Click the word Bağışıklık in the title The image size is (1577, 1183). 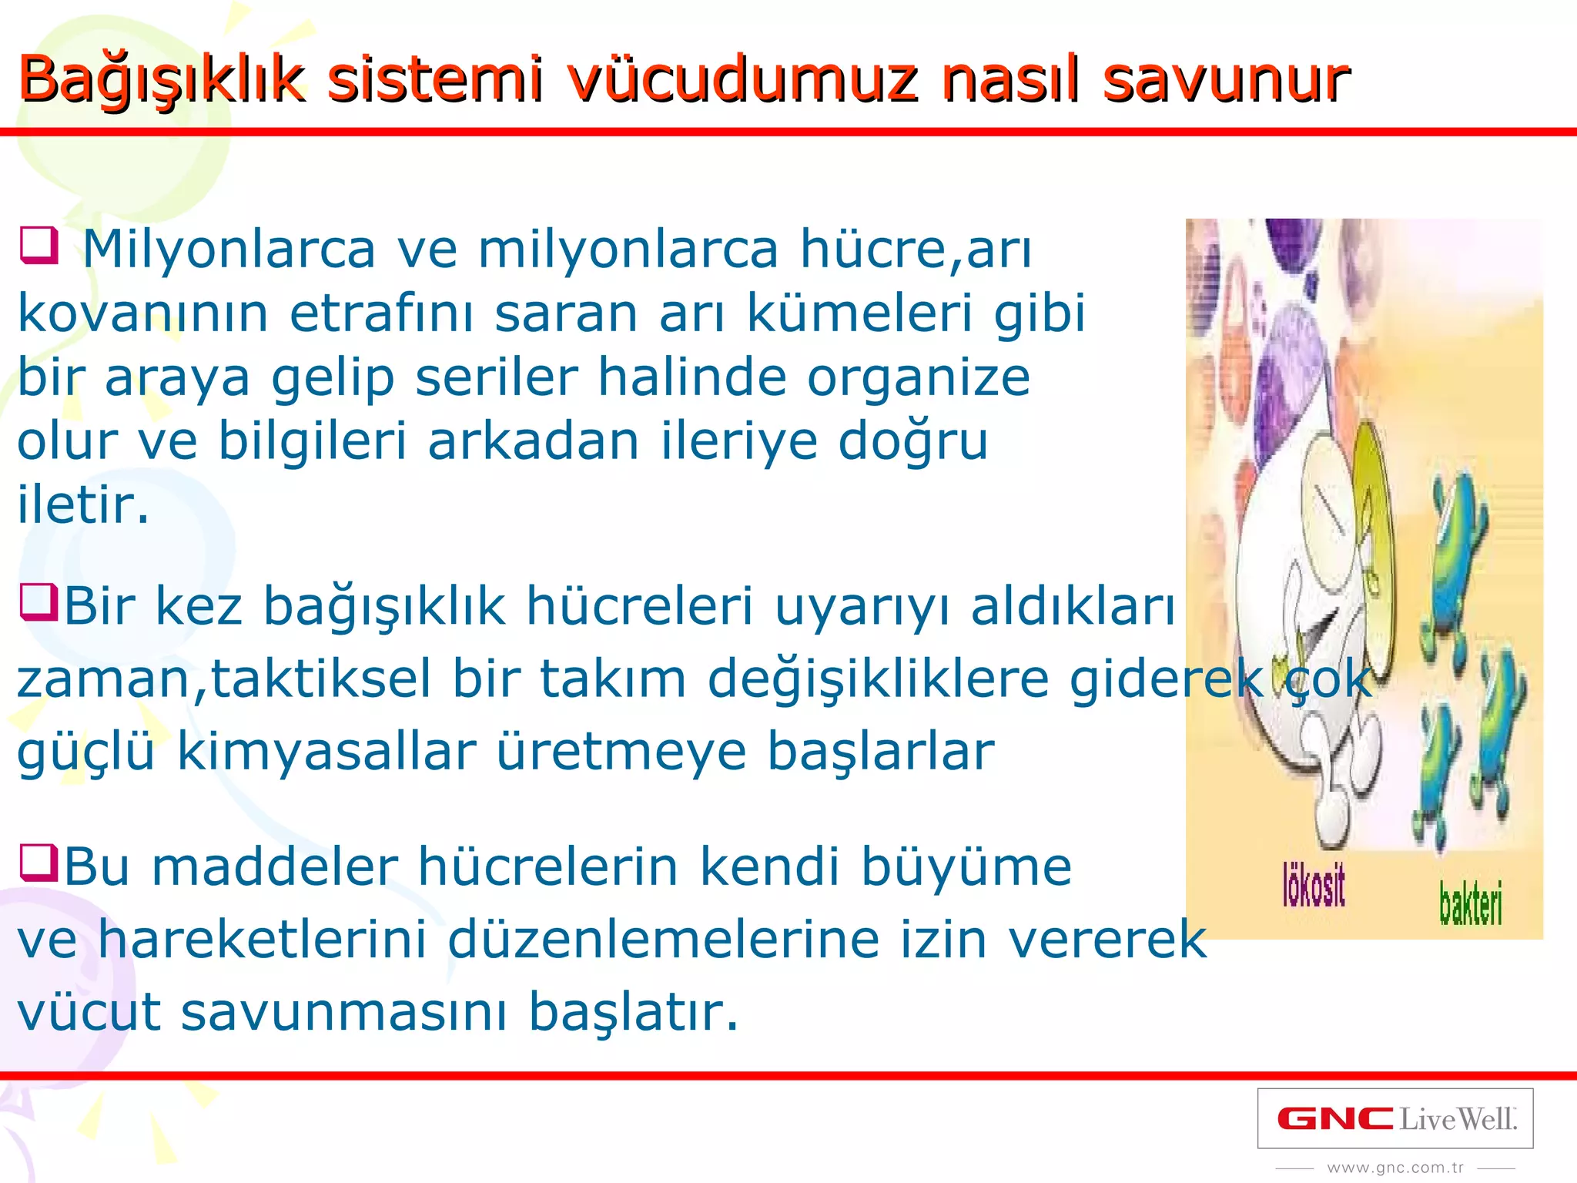[x=162, y=79]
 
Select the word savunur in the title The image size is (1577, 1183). [x=1226, y=79]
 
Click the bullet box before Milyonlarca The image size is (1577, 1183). [x=39, y=245]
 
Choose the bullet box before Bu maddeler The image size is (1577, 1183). [x=39, y=863]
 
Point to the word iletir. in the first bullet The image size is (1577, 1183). [x=83, y=506]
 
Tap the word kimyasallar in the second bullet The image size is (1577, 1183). [x=326, y=752]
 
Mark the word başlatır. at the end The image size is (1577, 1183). [x=633, y=1012]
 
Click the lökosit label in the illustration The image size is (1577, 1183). [x=1314, y=886]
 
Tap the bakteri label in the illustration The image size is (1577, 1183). [x=1470, y=903]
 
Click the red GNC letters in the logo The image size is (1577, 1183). [x=1334, y=1118]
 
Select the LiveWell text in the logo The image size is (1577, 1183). [x=1457, y=1118]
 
